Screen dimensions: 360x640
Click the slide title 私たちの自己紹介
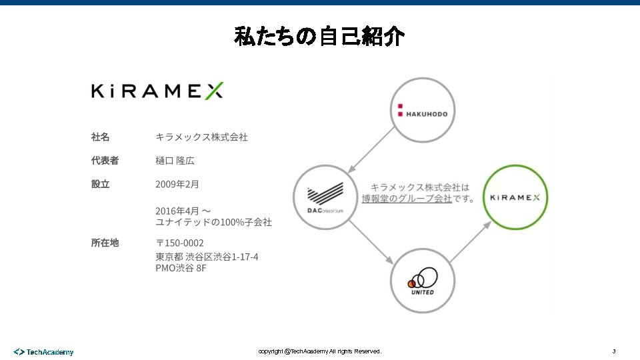pos(319,36)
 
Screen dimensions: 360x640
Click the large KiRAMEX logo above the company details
pos(157,91)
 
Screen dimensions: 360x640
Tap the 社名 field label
pos(100,137)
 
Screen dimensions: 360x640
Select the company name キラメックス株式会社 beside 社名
pos(201,137)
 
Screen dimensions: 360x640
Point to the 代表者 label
pos(105,160)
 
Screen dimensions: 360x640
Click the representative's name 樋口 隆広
pos(175,161)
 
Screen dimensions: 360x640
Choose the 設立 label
pos(100,184)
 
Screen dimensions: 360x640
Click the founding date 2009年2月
pos(177,184)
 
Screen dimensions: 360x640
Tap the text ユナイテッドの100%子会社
pos(213,222)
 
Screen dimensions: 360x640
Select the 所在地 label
pos(105,243)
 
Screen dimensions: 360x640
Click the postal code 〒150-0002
pos(180,243)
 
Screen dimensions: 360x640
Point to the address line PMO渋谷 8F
pos(181,268)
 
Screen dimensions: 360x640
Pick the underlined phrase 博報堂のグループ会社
pos(407,199)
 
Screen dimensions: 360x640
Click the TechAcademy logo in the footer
pos(44,351)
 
